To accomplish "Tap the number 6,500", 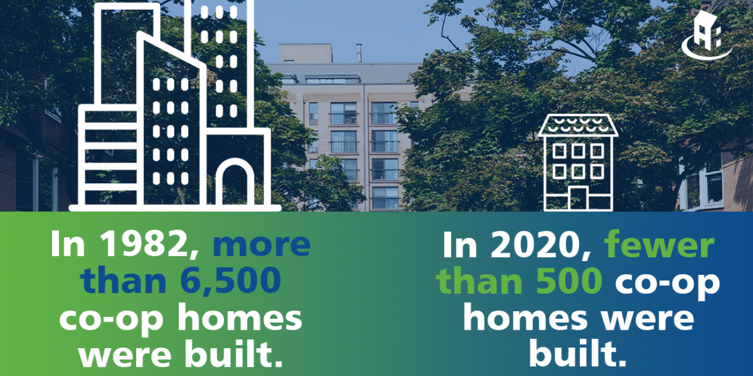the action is [231, 281].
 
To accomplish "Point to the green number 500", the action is [568, 281].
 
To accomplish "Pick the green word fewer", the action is [659, 245].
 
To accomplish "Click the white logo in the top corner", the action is [706, 35].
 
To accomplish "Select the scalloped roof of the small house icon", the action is [578, 125].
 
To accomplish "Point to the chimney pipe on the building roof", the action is [359, 53].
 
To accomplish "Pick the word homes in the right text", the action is [525, 318].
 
